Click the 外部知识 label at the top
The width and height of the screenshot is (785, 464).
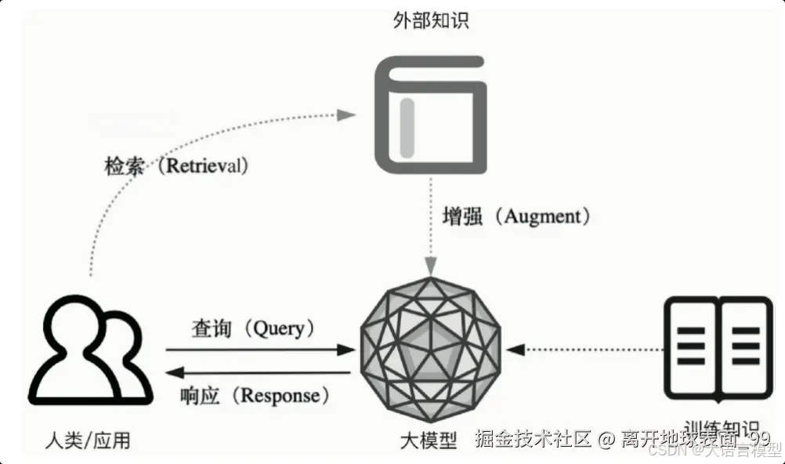[x=430, y=21]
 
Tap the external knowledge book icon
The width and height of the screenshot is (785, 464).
[x=430, y=115]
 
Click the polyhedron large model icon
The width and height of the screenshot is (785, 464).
[x=430, y=350]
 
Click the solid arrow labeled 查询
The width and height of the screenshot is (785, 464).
[x=259, y=350]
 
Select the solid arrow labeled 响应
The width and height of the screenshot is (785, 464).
[x=259, y=372]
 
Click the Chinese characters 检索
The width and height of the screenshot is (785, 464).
[x=125, y=166]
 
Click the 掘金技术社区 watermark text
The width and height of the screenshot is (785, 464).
[x=533, y=439]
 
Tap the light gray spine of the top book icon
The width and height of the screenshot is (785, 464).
[x=407, y=126]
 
